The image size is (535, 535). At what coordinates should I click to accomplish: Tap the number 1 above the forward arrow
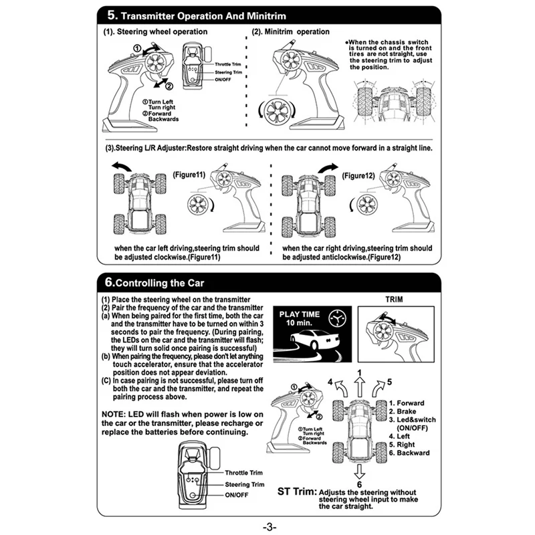pyautogui.click(x=360, y=372)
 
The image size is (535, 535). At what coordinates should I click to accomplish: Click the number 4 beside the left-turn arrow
pyautogui.click(x=330, y=381)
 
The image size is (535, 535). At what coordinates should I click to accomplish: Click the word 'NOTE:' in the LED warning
pyautogui.click(x=116, y=415)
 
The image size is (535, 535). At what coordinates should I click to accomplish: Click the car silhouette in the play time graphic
pyautogui.click(x=312, y=344)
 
